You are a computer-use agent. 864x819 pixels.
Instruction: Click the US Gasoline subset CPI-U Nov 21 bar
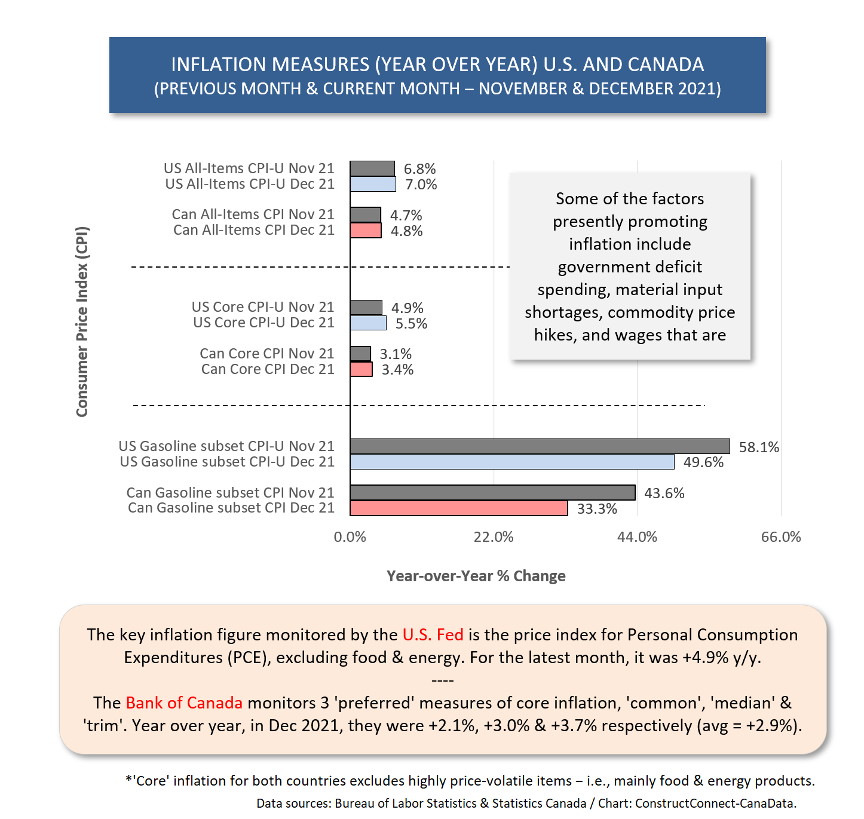(x=539, y=446)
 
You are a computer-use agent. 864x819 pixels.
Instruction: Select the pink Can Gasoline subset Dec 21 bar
(x=458, y=508)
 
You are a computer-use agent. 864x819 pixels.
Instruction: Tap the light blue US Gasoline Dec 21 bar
(x=512, y=461)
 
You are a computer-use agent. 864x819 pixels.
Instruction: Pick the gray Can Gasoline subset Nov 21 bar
(x=492, y=492)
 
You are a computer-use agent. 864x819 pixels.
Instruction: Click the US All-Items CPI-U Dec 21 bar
(x=373, y=183)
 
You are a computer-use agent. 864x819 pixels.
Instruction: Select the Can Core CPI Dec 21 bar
(x=361, y=369)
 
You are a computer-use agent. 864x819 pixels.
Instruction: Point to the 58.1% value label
(x=758, y=447)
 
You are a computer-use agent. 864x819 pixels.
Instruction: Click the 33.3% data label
(x=596, y=508)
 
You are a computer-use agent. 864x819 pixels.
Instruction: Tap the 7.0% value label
(x=421, y=184)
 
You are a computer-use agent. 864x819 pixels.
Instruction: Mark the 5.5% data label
(x=411, y=323)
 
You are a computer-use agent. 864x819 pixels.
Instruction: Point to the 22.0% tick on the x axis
(x=493, y=536)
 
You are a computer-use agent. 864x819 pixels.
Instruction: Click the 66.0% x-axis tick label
(x=780, y=536)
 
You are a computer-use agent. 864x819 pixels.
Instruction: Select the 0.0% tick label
(x=350, y=536)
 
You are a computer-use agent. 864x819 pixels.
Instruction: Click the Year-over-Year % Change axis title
(x=476, y=576)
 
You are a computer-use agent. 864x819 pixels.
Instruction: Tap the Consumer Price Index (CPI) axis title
(x=82, y=321)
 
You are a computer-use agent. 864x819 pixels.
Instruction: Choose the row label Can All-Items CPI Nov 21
(x=253, y=214)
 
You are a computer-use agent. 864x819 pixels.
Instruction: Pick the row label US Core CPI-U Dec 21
(x=264, y=322)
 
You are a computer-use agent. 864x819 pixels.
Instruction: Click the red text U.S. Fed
(x=433, y=634)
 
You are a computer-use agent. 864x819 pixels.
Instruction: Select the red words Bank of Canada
(x=183, y=703)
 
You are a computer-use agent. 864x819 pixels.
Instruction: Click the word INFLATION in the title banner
(x=219, y=65)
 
